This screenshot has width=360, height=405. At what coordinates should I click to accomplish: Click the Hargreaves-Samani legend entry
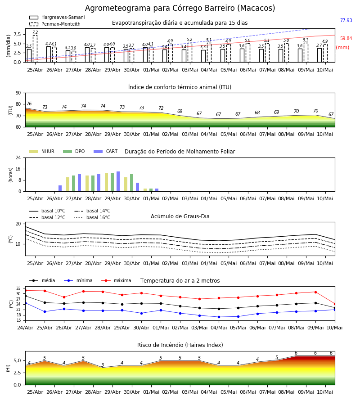57,17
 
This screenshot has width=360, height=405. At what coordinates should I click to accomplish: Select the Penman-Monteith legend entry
55,24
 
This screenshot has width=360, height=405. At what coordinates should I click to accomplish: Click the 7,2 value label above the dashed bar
35,32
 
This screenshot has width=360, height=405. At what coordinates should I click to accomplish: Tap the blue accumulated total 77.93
346,20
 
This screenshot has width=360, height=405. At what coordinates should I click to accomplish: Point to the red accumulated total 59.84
346,39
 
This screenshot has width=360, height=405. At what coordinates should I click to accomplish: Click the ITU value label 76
29,103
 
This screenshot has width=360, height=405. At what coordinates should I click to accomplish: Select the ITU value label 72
161,108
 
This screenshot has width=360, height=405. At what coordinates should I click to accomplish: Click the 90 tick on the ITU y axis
18,93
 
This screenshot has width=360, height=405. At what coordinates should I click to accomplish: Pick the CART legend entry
106,151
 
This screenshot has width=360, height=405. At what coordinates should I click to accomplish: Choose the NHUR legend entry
42,151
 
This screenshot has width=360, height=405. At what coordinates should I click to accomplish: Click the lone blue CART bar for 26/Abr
60,188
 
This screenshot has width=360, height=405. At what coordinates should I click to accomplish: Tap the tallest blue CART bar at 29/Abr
118,181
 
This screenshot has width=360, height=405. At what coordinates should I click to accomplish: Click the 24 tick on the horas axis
18,157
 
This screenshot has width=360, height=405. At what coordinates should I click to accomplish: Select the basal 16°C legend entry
92,217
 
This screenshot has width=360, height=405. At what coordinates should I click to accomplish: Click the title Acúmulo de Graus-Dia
180,216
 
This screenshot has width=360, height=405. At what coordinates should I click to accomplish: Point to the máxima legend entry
116,280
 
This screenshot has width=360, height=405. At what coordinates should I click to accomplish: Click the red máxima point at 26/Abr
64,297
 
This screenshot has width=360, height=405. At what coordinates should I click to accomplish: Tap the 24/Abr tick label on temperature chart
25,328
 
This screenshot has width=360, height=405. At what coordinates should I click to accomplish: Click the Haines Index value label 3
103,365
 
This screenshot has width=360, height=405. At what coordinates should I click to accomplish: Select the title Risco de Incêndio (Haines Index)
180,345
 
